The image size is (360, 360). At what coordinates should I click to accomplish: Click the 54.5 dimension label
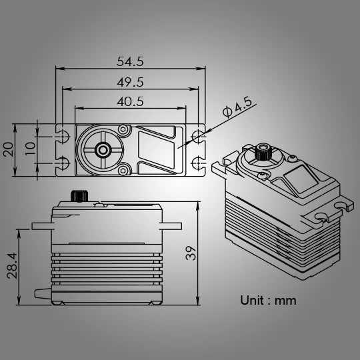pyautogui.click(x=131, y=61)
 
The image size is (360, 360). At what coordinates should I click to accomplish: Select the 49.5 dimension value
pyautogui.click(x=131, y=82)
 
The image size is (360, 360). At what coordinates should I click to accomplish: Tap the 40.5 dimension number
pyautogui.click(x=131, y=102)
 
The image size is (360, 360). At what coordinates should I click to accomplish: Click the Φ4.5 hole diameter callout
pyautogui.click(x=237, y=107)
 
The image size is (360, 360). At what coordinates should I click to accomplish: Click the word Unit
pyautogui.click(x=252, y=300)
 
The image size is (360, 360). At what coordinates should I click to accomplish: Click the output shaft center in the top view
pyautogui.click(x=103, y=149)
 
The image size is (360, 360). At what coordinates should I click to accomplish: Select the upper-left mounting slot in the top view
pyautogui.click(x=63, y=136)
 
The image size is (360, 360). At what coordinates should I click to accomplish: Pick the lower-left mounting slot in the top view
pyautogui.click(x=63, y=163)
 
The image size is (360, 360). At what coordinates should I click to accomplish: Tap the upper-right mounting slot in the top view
pyautogui.click(x=197, y=136)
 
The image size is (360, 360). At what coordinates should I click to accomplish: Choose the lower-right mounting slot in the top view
pyautogui.click(x=197, y=163)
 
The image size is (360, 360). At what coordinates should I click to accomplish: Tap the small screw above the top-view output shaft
pyautogui.click(x=122, y=129)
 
